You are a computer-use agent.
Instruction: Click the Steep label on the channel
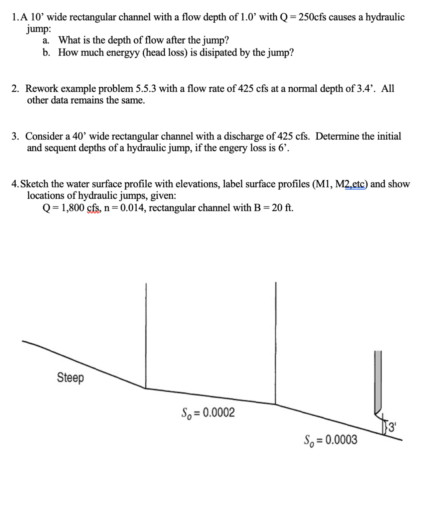tap(70, 377)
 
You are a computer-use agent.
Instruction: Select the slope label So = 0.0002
tap(208, 413)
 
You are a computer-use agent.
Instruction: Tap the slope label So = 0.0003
tap(330, 440)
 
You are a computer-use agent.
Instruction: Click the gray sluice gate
tap(378, 381)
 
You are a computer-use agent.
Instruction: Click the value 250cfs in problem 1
tap(312, 17)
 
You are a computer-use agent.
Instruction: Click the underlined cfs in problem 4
tap(94, 208)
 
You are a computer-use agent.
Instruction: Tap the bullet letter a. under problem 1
tap(46, 40)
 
